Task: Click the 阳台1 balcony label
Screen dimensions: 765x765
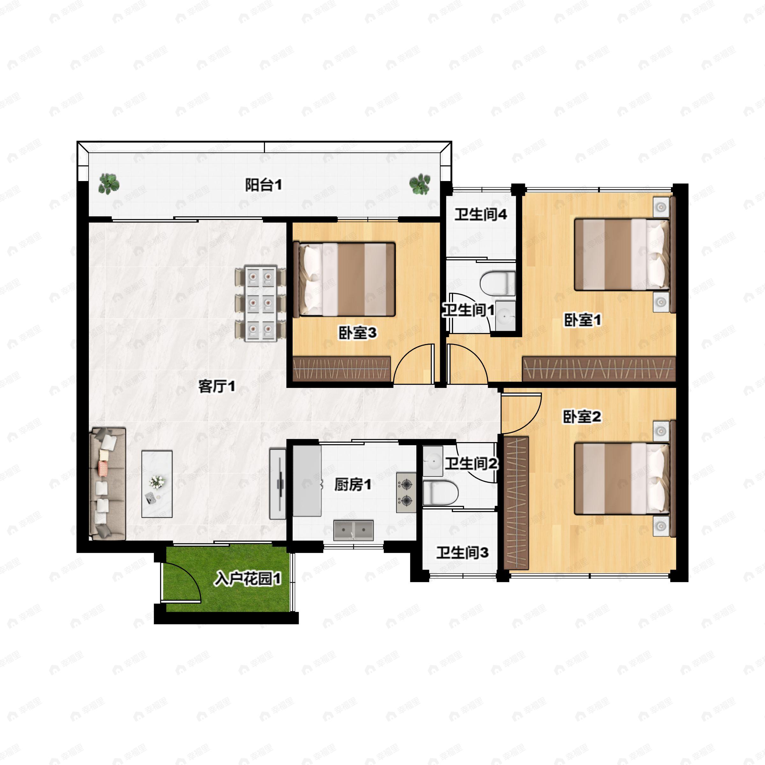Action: click(x=263, y=185)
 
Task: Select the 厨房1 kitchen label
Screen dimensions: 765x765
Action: click(x=353, y=484)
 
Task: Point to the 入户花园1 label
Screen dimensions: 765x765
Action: click(x=247, y=579)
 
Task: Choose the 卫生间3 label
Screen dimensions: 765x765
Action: click(x=462, y=553)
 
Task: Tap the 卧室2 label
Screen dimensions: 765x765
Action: click(x=582, y=417)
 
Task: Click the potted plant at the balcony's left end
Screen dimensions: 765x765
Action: click(x=109, y=184)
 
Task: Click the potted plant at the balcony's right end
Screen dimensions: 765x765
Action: click(x=419, y=184)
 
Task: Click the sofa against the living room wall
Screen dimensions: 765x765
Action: click(x=108, y=484)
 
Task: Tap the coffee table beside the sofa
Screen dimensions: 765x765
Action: click(x=157, y=484)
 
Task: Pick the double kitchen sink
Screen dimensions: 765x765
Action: click(x=353, y=530)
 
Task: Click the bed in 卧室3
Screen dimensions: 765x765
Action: click(x=345, y=280)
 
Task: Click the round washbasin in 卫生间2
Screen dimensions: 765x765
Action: click(x=433, y=461)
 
